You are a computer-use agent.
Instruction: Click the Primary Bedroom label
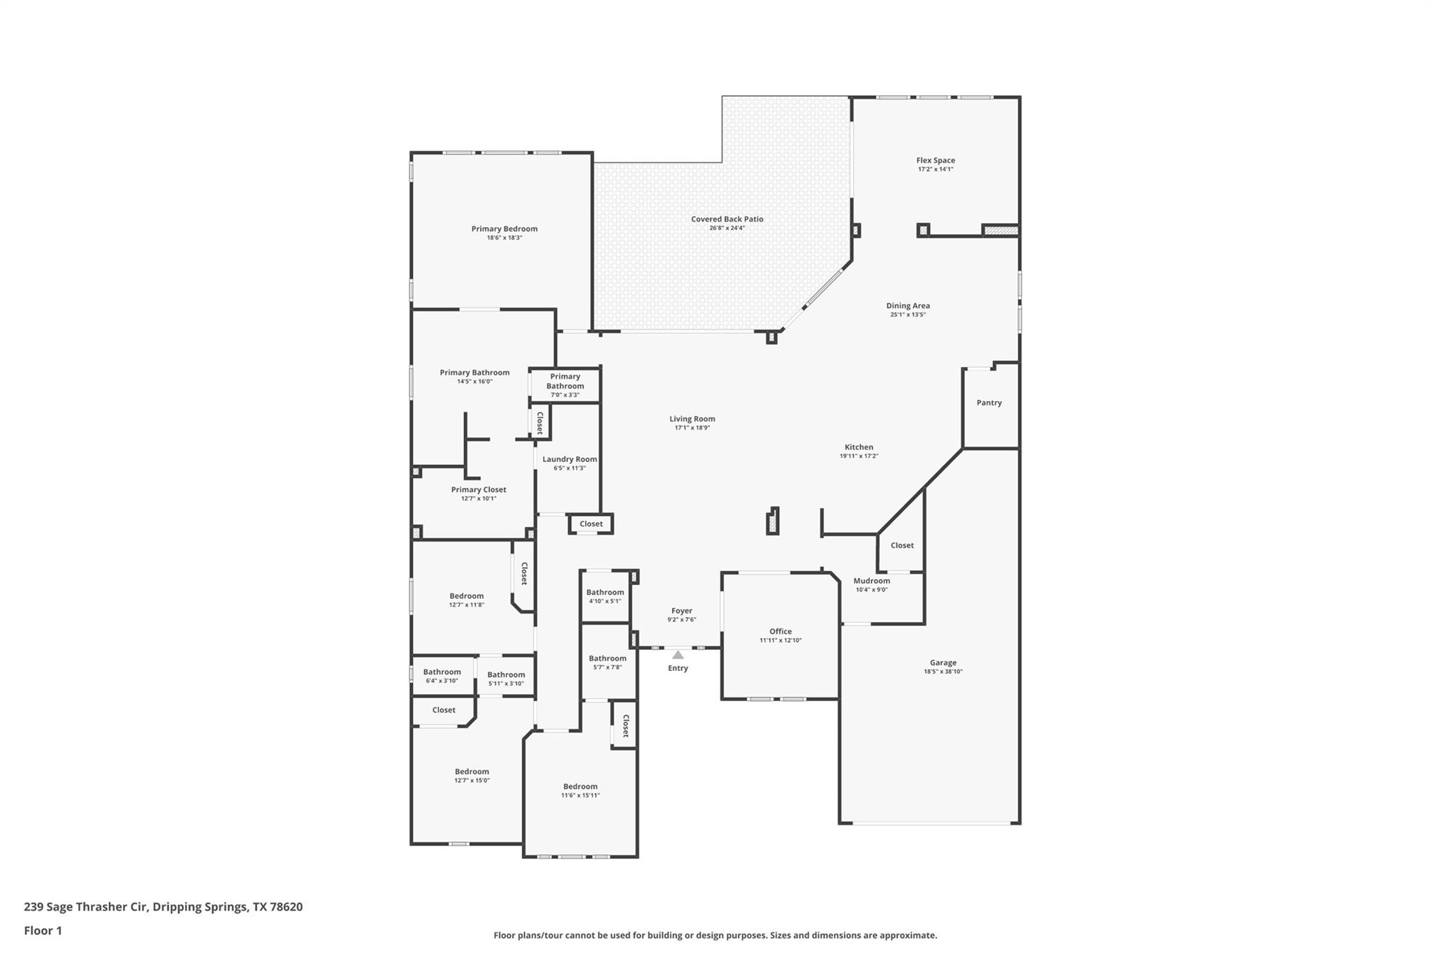504,229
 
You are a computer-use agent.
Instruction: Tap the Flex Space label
936,160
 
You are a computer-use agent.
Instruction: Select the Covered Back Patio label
727,219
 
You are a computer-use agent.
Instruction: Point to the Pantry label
989,403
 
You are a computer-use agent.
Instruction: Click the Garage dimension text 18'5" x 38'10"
943,672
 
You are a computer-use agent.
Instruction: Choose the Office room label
780,631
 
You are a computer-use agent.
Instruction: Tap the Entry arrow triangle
678,655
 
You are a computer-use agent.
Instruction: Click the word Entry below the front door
678,668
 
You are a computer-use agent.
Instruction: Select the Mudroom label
871,581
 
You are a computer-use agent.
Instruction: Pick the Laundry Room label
569,459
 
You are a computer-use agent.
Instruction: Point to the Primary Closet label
479,489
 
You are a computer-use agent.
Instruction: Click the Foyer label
682,611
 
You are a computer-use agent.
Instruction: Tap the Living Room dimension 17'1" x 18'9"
692,428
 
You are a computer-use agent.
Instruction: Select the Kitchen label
859,447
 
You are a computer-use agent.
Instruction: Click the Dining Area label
908,305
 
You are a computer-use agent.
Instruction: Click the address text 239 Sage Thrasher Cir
86,907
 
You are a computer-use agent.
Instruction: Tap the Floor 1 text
43,930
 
